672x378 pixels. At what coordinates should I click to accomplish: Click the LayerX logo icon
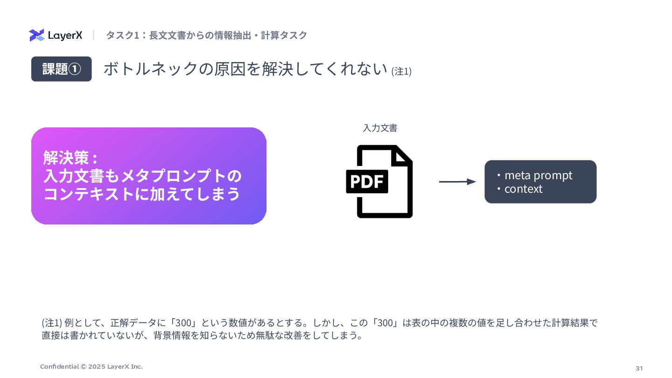(x=36, y=35)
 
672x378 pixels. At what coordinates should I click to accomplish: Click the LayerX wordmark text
(x=65, y=35)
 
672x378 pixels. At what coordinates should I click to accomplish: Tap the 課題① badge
(x=62, y=69)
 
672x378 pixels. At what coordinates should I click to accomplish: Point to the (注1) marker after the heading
(x=401, y=71)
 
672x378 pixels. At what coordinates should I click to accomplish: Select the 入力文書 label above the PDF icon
(x=380, y=128)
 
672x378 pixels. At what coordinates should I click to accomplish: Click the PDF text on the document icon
(x=367, y=182)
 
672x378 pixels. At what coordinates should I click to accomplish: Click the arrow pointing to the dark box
(x=457, y=182)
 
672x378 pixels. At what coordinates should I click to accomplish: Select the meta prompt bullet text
(x=538, y=175)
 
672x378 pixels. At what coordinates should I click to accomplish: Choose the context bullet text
(x=523, y=189)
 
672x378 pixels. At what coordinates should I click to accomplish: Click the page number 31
(x=639, y=368)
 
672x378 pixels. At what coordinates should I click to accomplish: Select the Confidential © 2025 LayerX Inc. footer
(x=91, y=367)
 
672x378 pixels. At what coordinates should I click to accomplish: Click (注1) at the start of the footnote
(x=52, y=323)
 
